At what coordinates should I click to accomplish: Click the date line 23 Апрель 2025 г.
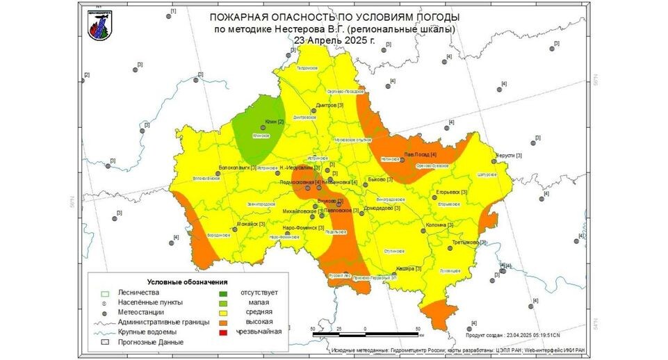point(334,40)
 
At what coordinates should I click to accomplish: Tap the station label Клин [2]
point(275,122)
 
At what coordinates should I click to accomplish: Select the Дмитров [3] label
point(330,106)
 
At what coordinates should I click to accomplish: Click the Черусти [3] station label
point(508,156)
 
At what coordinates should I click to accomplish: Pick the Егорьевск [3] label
point(451,192)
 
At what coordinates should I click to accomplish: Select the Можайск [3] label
point(252,224)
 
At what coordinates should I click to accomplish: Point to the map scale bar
point(364,334)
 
